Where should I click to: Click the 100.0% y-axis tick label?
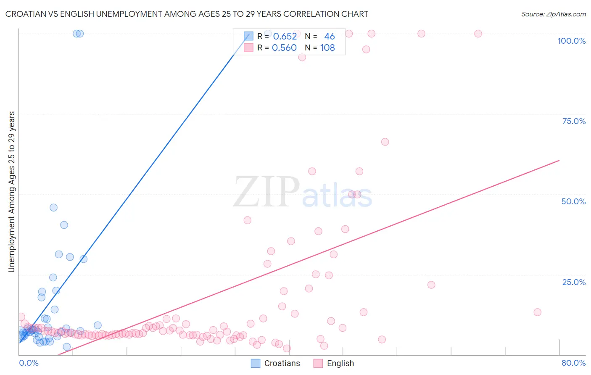point(571,41)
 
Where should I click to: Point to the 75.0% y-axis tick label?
point(574,121)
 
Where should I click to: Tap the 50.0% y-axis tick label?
point(573,201)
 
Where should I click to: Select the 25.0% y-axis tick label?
point(574,282)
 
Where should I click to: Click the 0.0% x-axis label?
point(29,363)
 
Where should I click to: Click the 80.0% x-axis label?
point(573,363)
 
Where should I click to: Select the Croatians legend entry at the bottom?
point(276,363)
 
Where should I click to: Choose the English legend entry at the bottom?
point(334,363)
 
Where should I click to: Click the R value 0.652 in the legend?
point(285,37)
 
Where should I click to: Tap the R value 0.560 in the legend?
point(284,48)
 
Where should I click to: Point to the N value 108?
point(327,48)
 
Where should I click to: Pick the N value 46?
point(330,37)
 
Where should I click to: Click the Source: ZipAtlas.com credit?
point(553,14)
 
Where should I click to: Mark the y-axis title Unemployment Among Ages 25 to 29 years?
point(12,192)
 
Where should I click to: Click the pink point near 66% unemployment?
point(385,142)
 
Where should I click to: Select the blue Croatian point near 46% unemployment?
point(53,208)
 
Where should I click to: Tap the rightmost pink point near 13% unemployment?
point(537,312)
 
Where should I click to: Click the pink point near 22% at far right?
point(431,285)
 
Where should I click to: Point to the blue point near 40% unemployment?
point(64,225)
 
